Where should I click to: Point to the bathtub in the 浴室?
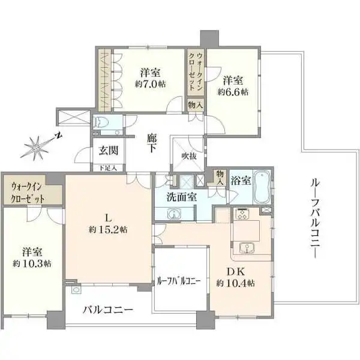pyautogui.click(x=263, y=188)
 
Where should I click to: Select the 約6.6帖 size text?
pyautogui.click(x=233, y=92)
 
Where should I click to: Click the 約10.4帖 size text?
pyautogui.click(x=237, y=283)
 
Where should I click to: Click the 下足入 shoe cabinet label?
pyautogui.click(x=109, y=168)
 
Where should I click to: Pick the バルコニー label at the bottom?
pyautogui.click(x=108, y=310)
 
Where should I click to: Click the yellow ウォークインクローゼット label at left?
pyautogui.click(x=31, y=193)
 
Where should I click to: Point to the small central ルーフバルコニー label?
pyautogui.click(x=179, y=280)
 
